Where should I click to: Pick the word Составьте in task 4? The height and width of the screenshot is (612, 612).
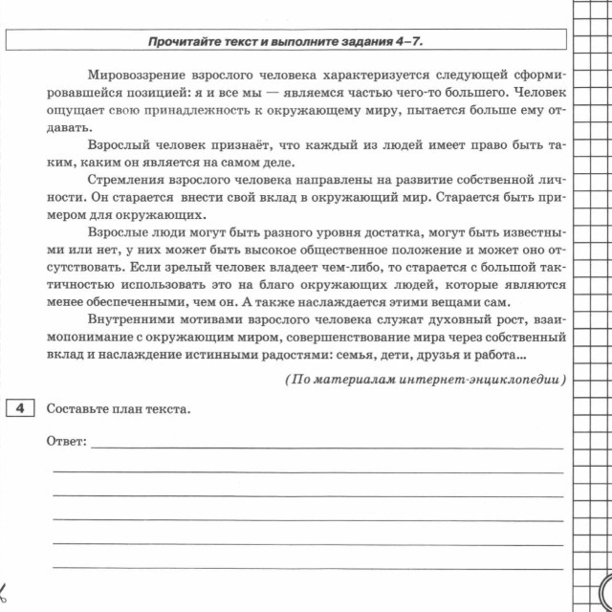pos(76,410)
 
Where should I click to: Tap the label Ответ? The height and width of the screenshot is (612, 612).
pos(67,442)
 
